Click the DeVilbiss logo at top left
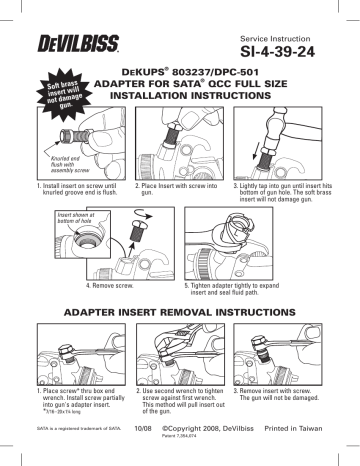click(x=59, y=35)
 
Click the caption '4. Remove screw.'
click(x=115, y=285)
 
